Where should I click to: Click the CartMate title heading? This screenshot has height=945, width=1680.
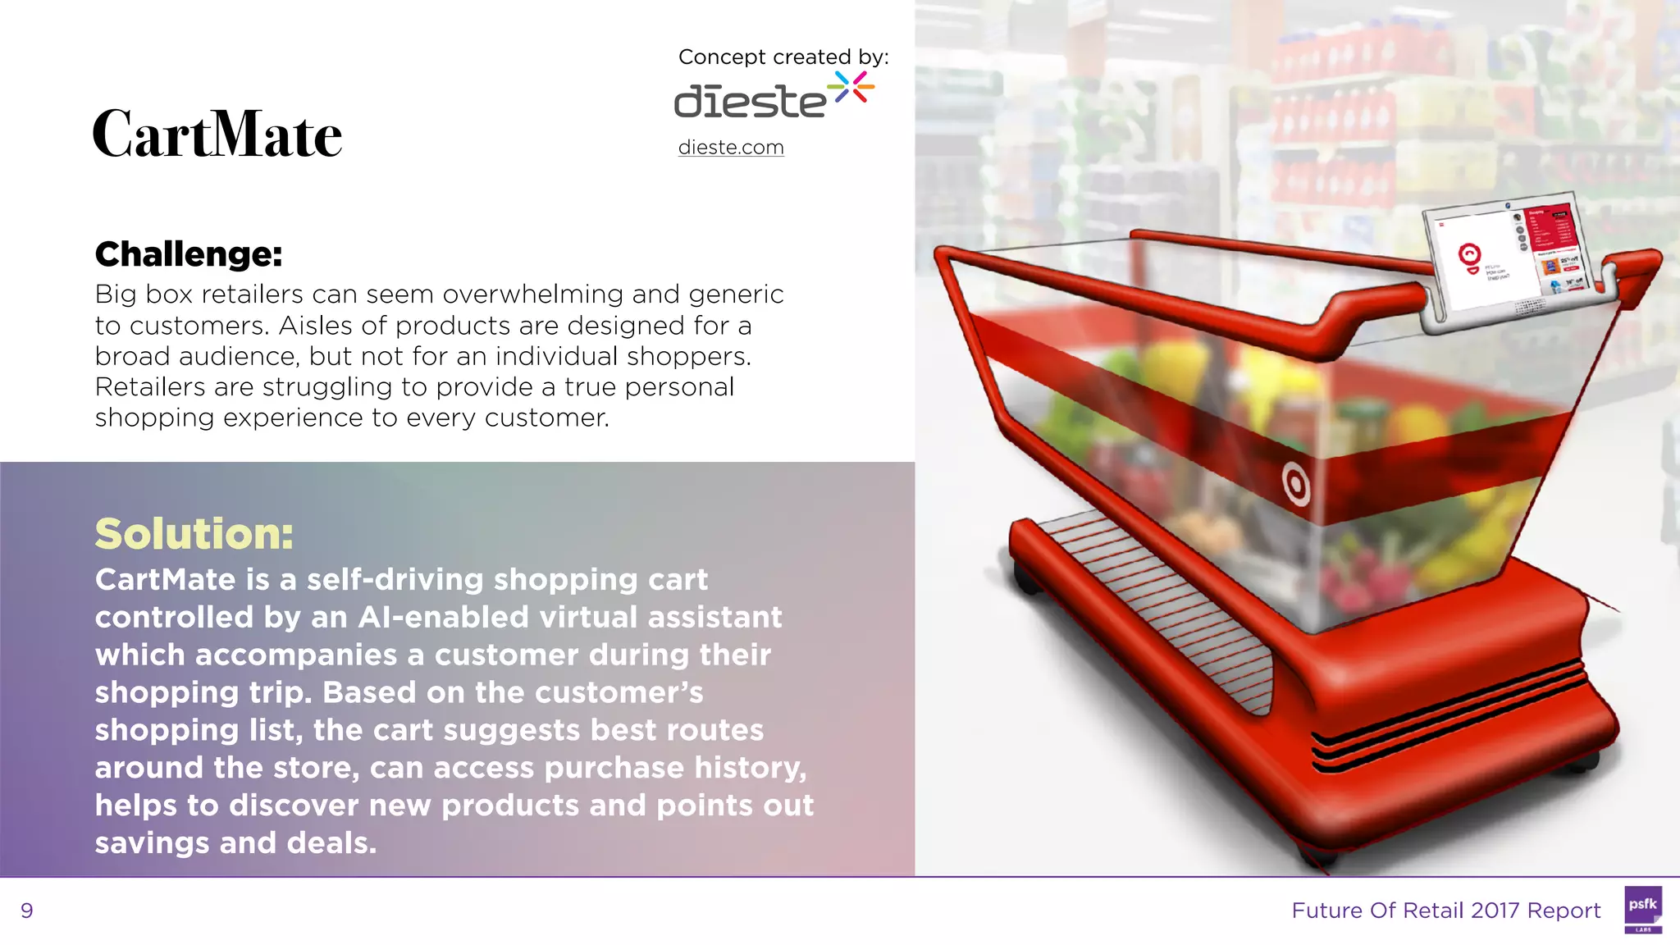point(217,134)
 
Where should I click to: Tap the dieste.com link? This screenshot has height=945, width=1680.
point(731,148)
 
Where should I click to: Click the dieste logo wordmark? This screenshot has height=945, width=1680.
point(750,102)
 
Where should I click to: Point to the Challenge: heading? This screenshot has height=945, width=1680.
point(189,254)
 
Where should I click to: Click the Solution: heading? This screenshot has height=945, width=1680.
point(194,534)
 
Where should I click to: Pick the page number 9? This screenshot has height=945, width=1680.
point(27,911)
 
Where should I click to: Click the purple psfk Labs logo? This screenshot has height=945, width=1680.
point(1642,909)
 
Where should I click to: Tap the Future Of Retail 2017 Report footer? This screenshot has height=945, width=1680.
point(1445,911)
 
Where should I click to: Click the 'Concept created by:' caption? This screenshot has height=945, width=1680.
point(783,57)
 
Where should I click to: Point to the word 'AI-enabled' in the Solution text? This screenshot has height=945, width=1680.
point(443,618)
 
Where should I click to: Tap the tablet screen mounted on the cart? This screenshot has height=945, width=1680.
point(1511,253)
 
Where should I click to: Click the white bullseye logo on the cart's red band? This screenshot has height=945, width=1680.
point(1296,484)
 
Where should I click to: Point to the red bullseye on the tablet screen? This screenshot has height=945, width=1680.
point(1469,255)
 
